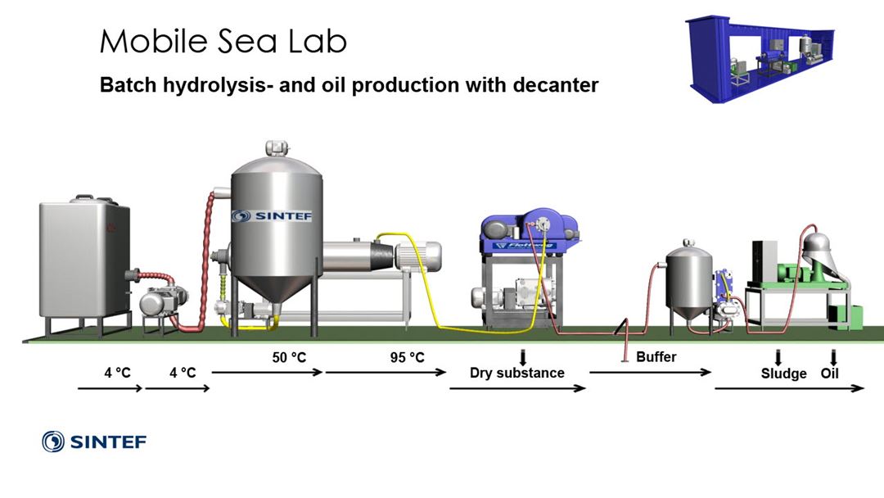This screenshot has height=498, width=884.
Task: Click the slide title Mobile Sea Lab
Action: click(223, 41)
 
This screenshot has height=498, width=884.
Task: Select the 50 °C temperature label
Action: click(290, 357)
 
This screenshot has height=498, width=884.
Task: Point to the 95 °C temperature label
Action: click(407, 357)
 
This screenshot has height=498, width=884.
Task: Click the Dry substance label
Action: click(516, 373)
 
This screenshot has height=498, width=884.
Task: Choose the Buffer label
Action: click(656, 357)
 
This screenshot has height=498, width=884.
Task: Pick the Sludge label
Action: click(783, 373)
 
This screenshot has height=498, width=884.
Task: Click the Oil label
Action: click(830, 373)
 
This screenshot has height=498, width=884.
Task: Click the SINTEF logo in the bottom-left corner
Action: click(94, 442)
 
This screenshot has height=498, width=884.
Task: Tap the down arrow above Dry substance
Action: click(522, 356)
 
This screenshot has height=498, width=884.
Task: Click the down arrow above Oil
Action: click(833, 357)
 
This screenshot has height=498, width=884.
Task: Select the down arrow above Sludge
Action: click(778, 357)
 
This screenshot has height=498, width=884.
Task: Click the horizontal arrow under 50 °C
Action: click(267, 372)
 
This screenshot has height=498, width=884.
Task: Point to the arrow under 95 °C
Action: click(386, 372)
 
